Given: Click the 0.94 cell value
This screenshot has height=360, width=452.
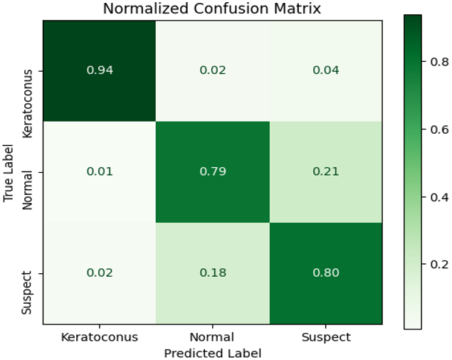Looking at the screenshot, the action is (x=100, y=70).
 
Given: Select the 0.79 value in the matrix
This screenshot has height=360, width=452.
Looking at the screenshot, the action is (x=213, y=171).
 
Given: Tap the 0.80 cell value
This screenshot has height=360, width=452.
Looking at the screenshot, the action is (x=326, y=272).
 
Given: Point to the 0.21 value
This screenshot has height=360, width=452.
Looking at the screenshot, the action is (x=326, y=171).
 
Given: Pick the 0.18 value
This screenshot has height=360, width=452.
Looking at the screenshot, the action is (x=213, y=272).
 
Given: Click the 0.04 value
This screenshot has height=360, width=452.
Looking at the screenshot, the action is (x=326, y=70).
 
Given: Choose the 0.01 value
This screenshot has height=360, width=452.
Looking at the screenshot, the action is (x=100, y=171).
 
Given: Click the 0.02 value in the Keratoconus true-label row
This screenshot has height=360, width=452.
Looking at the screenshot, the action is (x=213, y=70).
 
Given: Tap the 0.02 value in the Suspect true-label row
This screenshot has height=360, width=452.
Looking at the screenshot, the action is (x=100, y=272).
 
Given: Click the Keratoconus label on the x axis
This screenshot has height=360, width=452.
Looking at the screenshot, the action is (x=100, y=337).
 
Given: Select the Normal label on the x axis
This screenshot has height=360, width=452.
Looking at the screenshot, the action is (x=212, y=337).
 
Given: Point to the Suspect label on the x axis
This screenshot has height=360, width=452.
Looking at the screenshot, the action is (x=326, y=337).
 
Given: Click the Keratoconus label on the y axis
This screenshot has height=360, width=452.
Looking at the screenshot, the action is (x=27, y=104).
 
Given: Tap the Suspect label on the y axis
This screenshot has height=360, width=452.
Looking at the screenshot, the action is (x=27, y=292).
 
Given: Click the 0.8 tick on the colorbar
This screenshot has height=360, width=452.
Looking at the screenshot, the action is (x=439, y=61).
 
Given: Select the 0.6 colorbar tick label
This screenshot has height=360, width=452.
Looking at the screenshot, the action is (x=439, y=129).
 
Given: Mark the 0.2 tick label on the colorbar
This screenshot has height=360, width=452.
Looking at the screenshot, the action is (x=439, y=264).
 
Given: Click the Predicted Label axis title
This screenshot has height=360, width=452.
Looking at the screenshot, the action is (x=213, y=353).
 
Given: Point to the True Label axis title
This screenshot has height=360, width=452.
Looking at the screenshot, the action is (x=9, y=173).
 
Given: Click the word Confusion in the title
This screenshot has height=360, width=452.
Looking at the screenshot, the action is (x=232, y=9).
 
